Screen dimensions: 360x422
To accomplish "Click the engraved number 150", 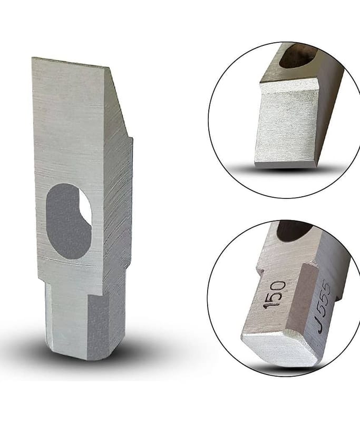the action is (x=275, y=295).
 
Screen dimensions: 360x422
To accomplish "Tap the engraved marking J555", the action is (x=322, y=306).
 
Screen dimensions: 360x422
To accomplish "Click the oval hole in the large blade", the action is (x=69, y=221).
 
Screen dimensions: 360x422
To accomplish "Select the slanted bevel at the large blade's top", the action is (x=115, y=102).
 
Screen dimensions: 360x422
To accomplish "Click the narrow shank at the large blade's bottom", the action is (x=81, y=320).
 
